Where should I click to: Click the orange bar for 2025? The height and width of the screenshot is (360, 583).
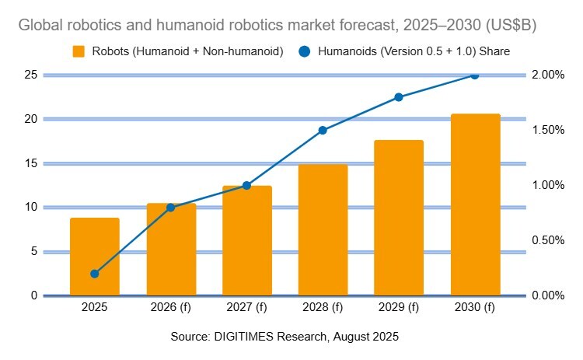[x=95, y=257]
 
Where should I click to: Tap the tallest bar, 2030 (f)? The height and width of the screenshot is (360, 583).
[x=475, y=204]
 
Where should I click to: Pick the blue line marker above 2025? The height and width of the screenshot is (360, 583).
[x=95, y=274]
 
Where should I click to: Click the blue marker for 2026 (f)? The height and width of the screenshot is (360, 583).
[x=171, y=208]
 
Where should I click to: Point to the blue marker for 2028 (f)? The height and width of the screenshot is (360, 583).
[x=323, y=131]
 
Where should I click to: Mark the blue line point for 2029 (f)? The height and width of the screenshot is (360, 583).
[x=399, y=97]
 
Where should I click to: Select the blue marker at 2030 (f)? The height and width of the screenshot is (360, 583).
[x=475, y=75]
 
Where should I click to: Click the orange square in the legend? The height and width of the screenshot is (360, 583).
[x=78, y=51]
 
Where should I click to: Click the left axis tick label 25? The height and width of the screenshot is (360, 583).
[x=31, y=75]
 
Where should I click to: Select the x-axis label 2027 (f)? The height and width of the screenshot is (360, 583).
[x=247, y=308]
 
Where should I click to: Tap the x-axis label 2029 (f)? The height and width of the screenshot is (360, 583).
[x=399, y=308]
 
